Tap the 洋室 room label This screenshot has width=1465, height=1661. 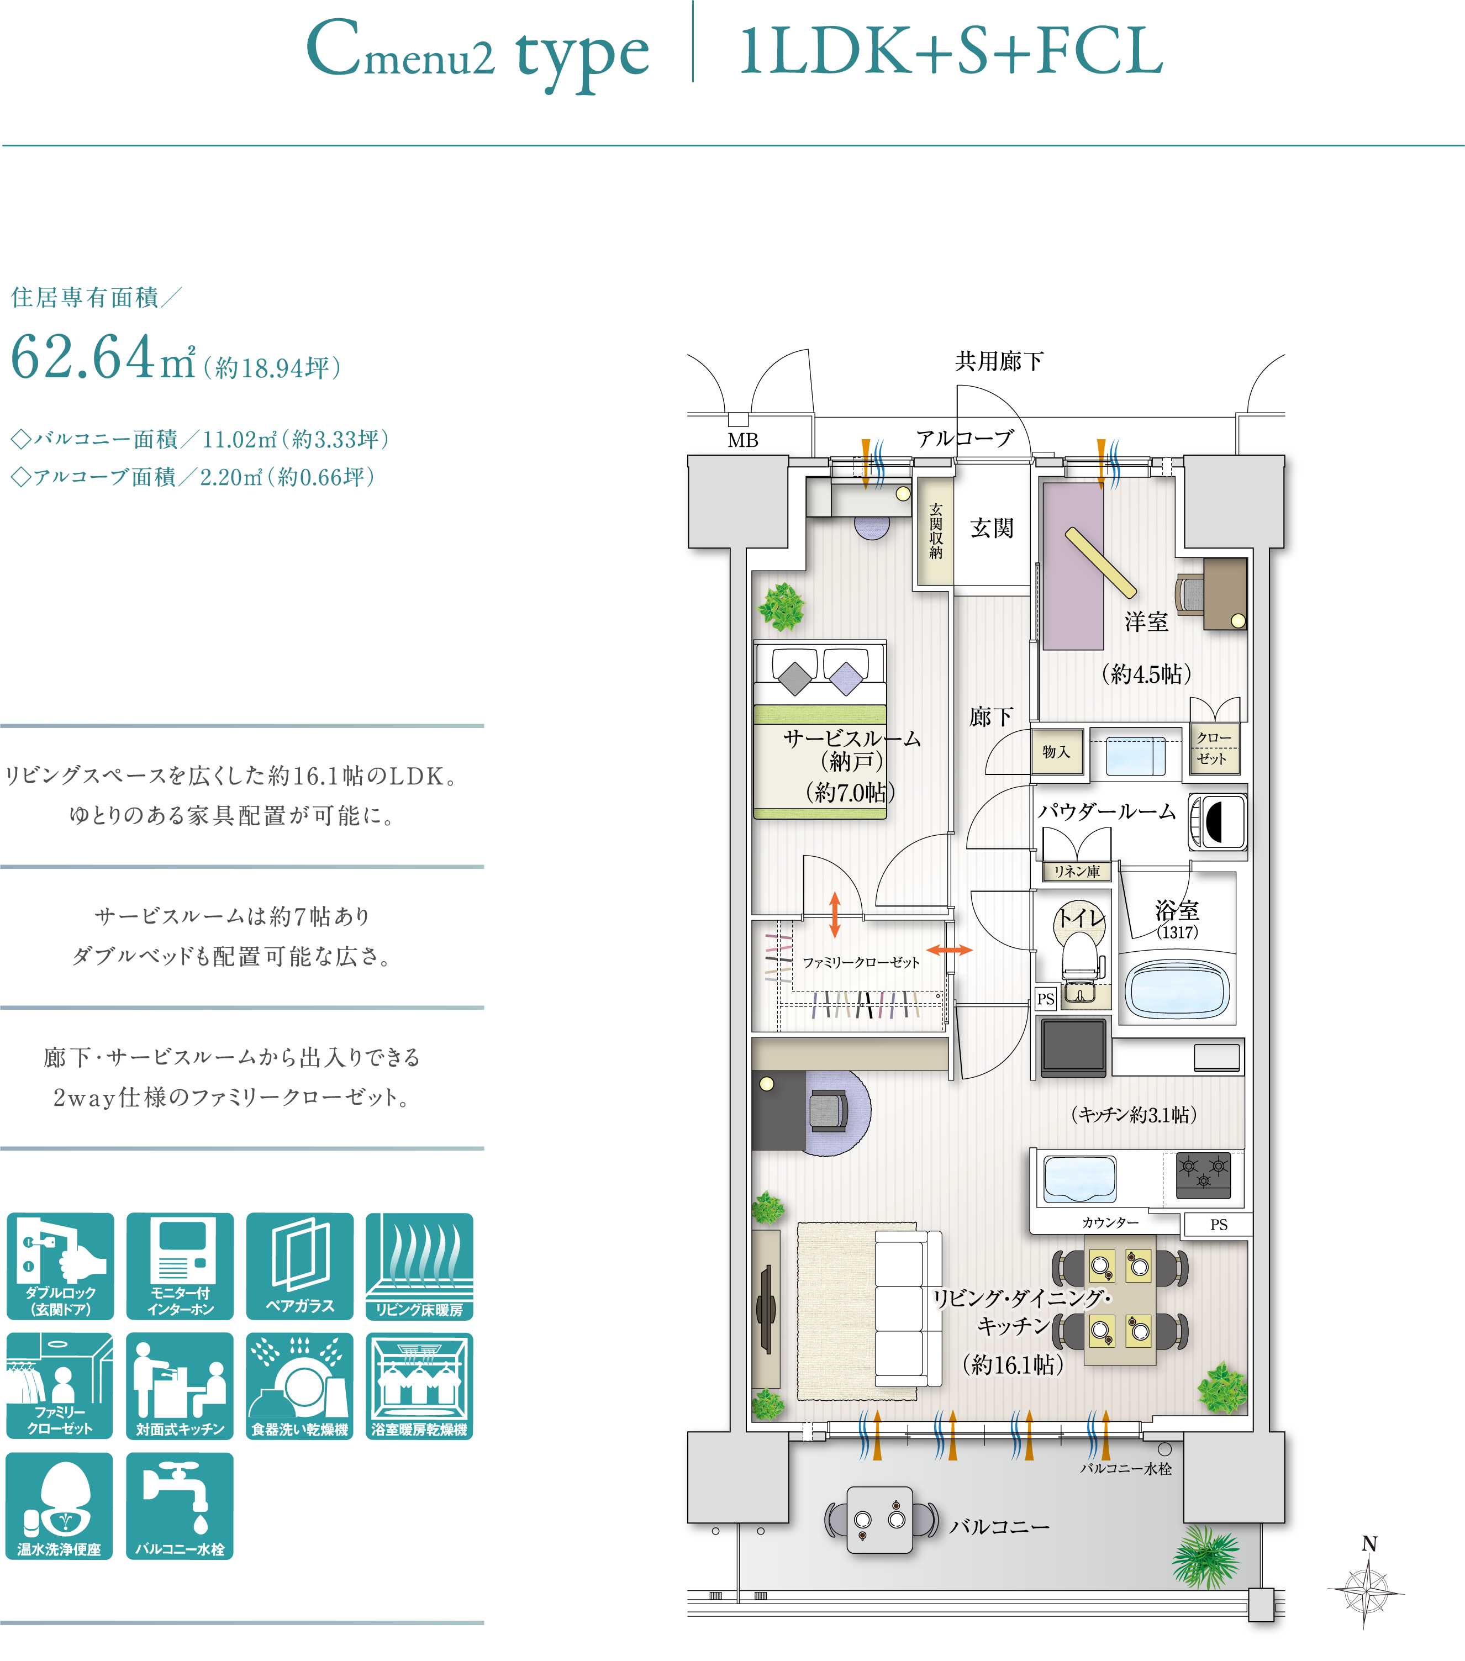point(1146,621)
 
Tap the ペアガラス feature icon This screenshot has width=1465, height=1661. point(300,1266)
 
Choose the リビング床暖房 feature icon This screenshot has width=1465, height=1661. point(419,1266)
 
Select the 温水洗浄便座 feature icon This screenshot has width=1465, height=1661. point(59,1506)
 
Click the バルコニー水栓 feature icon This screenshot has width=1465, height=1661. point(180,1506)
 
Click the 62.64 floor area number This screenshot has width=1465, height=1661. point(83,357)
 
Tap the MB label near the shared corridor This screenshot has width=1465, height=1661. point(742,440)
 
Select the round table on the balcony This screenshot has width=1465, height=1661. point(880,1520)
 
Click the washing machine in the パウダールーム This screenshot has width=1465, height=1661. point(1217,821)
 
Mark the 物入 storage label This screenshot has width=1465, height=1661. point(1056,752)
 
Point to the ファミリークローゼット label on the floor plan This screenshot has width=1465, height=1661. point(861,962)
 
